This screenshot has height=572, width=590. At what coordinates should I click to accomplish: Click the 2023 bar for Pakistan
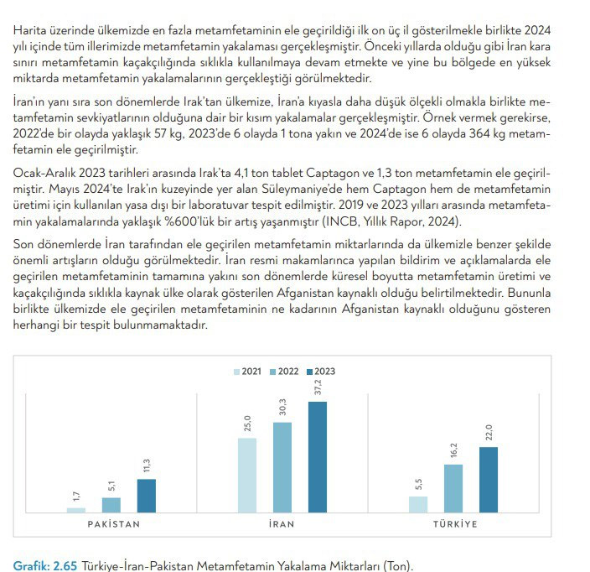(147, 495)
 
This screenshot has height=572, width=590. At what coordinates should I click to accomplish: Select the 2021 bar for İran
(247, 475)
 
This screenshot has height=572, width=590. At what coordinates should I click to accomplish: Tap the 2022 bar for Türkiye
(453, 488)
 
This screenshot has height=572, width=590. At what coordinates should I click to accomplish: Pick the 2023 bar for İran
(318, 456)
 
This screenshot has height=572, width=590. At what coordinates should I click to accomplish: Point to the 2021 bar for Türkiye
(418, 503)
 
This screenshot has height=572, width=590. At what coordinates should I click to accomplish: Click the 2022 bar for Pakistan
(111, 504)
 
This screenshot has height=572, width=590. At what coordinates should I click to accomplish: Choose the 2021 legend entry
(249, 371)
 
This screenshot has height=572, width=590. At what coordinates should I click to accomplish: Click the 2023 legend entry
(321, 371)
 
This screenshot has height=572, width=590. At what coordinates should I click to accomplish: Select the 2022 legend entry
(285, 371)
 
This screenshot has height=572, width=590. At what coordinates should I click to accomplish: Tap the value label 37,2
(318, 387)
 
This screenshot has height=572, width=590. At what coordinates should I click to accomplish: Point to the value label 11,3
(147, 465)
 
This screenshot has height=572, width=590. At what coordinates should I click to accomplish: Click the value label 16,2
(453, 451)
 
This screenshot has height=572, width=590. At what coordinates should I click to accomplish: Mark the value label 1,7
(76, 496)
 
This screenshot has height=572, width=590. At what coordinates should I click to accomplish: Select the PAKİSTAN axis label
(114, 524)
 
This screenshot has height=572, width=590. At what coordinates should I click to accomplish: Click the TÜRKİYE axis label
(454, 524)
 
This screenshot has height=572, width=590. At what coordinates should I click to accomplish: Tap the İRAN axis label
(282, 524)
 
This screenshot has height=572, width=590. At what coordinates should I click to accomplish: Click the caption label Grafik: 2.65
(45, 564)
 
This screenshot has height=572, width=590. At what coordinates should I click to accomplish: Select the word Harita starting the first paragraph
(31, 30)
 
